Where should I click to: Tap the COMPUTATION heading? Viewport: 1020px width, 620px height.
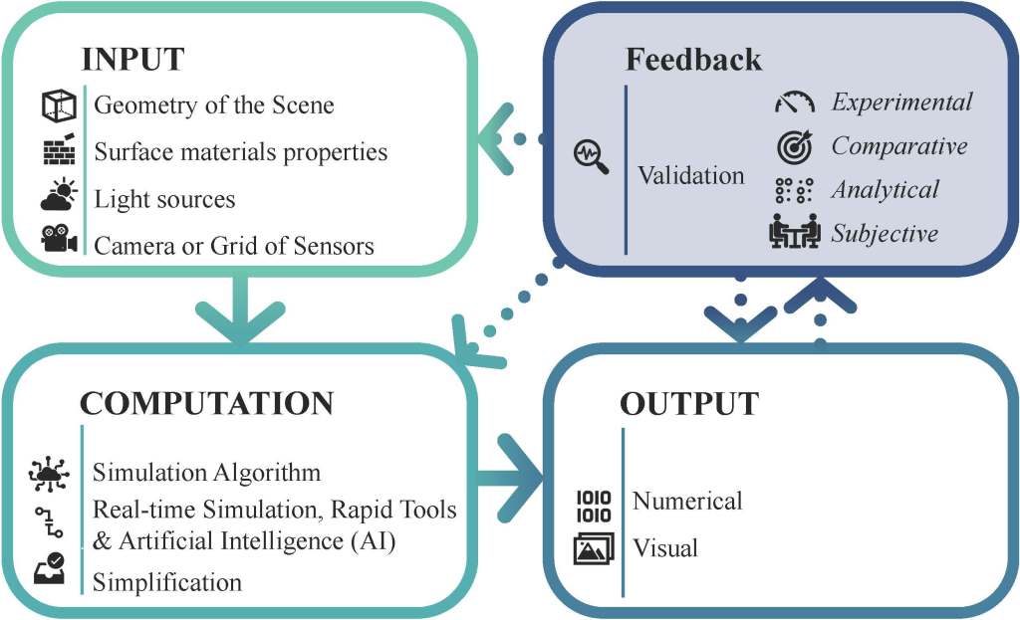click(206, 403)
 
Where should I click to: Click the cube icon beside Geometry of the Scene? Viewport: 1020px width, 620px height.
click(59, 104)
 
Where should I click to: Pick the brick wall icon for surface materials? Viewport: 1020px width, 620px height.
click(59, 150)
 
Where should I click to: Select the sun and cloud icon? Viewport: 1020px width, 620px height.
click(59, 196)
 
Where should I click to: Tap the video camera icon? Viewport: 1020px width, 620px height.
click(59, 242)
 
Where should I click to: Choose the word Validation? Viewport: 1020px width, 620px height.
click(691, 175)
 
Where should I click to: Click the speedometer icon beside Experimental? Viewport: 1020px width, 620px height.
click(795, 103)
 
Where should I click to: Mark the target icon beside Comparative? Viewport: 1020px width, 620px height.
click(795, 146)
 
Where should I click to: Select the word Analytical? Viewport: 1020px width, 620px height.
click(886, 189)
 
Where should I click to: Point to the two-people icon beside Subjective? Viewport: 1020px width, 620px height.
click(795, 232)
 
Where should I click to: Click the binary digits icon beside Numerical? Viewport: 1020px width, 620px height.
click(594, 505)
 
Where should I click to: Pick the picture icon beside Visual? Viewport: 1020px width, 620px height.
click(594, 548)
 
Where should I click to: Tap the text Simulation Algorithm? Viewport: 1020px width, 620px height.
click(207, 471)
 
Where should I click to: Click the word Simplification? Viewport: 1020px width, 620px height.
click(167, 582)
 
